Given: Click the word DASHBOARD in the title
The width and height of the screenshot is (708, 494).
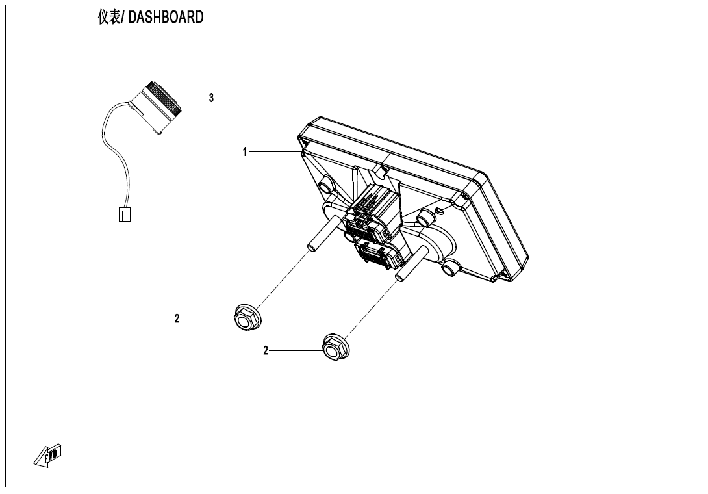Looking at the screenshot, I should click(x=166, y=18).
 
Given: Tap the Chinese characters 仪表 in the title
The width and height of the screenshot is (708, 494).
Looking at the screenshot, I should click(x=109, y=18).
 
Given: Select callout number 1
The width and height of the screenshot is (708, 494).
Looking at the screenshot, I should click(x=245, y=152).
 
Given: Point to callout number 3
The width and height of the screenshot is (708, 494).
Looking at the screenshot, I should click(x=210, y=97).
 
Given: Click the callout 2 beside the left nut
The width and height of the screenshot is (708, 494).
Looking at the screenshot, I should click(x=177, y=318).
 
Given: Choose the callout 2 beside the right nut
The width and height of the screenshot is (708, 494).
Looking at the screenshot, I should click(x=265, y=351).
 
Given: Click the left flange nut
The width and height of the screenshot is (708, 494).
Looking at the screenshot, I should click(x=247, y=318).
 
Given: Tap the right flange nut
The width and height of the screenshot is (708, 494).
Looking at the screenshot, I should click(x=335, y=346).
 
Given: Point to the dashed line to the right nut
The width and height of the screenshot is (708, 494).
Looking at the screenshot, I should click(x=370, y=309).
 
